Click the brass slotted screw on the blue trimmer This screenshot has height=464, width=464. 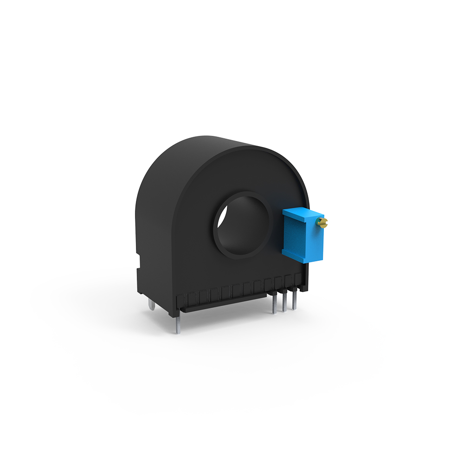click(x=323, y=223)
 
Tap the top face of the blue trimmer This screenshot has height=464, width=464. click(x=302, y=214)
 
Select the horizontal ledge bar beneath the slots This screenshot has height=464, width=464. click(x=223, y=303)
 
